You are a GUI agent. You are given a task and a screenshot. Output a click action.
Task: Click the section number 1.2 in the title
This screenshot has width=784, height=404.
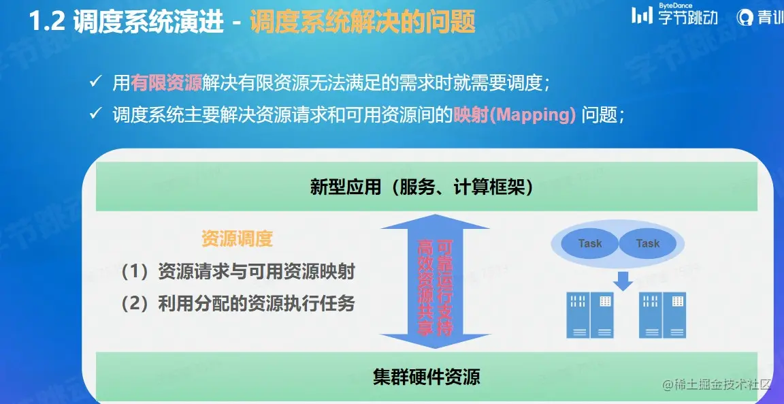[x=46, y=22]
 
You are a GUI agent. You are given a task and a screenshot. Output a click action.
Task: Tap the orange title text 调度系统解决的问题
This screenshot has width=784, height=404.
[x=362, y=22]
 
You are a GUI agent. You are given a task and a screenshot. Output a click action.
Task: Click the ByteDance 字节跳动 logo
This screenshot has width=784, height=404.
[x=674, y=16]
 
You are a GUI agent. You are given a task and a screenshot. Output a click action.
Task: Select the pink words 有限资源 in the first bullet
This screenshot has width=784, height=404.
[x=167, y=83]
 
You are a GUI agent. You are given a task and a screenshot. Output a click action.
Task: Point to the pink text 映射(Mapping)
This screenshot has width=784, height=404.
[x=515, y=114]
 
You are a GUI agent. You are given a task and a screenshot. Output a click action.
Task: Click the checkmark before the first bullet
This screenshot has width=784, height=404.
[x=96, y=82]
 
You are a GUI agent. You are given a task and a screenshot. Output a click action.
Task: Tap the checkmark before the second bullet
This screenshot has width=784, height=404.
[x=96, y=114]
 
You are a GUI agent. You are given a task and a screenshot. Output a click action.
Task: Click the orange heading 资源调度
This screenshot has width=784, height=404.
[x=237, y=238]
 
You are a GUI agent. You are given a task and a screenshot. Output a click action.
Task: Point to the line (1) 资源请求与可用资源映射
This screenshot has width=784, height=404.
[x=238, y=271]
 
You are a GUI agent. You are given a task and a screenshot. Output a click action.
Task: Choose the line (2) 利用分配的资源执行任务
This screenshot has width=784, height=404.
[x=238, y=304]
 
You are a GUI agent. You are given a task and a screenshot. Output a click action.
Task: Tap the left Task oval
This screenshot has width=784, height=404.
[x=590, y=243]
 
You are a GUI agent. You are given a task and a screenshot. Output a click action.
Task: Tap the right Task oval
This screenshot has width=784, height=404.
[x=647, y=243]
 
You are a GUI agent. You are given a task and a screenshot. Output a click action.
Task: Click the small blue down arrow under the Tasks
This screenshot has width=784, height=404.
[x=622, y=279]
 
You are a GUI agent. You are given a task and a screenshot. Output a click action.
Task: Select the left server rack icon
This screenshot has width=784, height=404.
[x=589, y=315]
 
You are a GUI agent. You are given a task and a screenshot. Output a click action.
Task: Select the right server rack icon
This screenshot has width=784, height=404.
[x=661, y=315]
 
